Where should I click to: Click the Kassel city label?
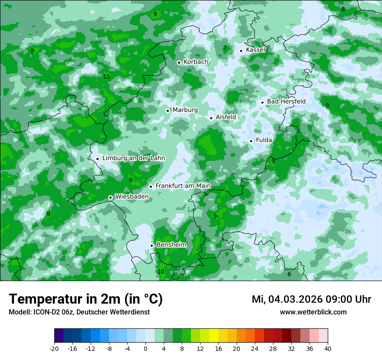tap(255, 50)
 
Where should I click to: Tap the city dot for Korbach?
tap(179, 62)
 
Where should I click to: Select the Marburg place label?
tap(185, 110)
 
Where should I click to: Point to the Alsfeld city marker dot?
tap(211, 118)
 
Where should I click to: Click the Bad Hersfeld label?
tap(286, 101)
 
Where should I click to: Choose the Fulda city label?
tap(264, 140)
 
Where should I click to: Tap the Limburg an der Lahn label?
tap(133, 158)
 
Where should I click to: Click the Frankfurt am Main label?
tap(183, 186)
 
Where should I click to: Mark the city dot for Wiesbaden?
tap(111, 197)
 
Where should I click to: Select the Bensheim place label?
tap(171, 245)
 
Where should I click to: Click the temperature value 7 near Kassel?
tap(225, 48)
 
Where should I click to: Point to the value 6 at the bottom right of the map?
tap(289, 274)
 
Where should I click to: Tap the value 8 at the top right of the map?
tap(343, 9)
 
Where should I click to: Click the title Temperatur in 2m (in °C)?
tap(86, 299)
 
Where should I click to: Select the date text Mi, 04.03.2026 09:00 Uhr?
tap(311, 299)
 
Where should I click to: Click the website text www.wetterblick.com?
tap(313, 312)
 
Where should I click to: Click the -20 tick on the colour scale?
tap(54, 348)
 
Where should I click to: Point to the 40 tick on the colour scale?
tap(327, 348)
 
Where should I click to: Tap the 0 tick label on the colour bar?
tap(145, 348)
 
